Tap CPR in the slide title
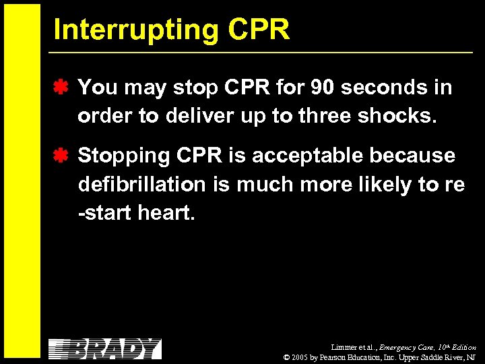259,30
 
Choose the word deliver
193,116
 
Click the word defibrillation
142,184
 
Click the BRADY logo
105,348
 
